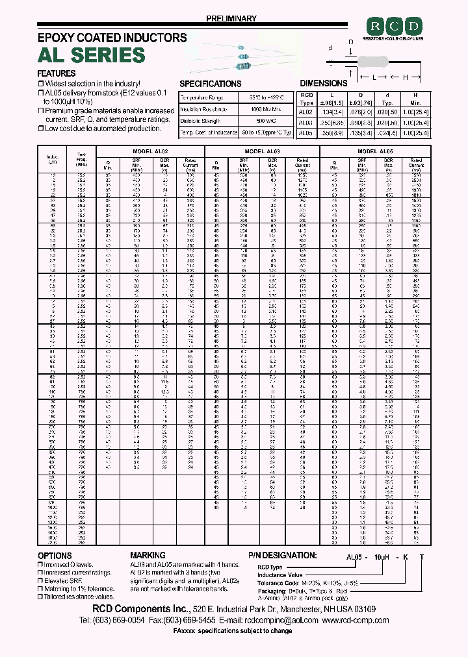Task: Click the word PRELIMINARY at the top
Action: point(232,19)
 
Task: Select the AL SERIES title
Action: point(92,55)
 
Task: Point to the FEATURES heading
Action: point(57,73)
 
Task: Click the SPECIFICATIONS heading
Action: point(210,84)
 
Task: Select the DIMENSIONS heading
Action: point(324,83)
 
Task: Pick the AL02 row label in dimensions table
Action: point(305,112)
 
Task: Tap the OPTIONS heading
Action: point(55,556)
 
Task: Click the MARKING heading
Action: point(148,556)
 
